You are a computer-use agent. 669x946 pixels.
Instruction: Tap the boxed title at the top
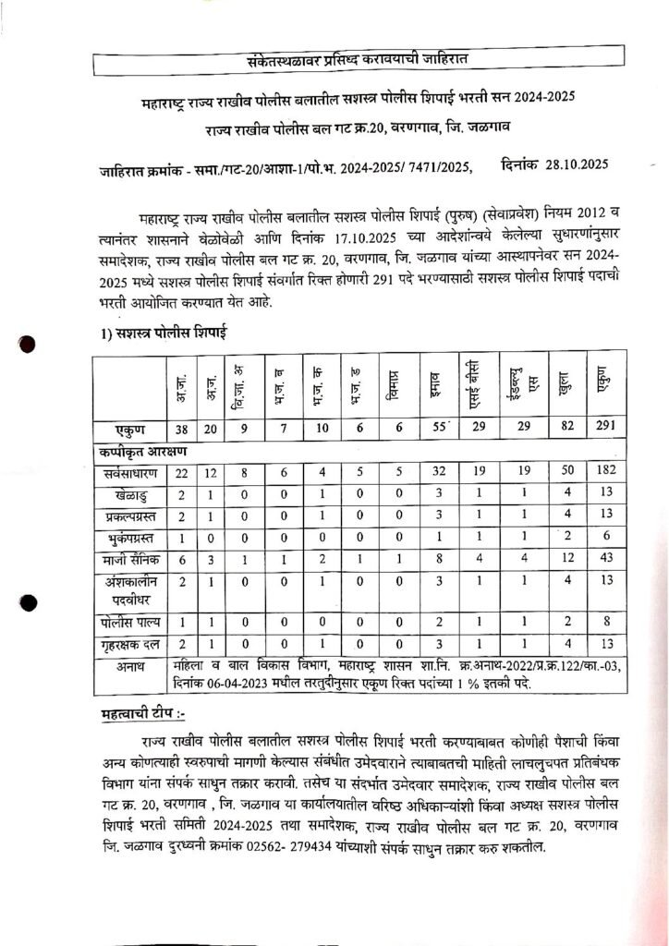pyautogui.click(x=337, y=62)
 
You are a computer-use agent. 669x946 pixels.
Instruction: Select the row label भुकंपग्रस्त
pyautogui.click(x=131, y=536)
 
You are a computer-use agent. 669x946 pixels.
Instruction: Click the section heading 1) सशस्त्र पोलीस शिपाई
pyautogui.click(x=163, y=331)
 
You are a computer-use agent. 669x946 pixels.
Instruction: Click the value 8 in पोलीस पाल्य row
pyautogui.click(x=604, y=624)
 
